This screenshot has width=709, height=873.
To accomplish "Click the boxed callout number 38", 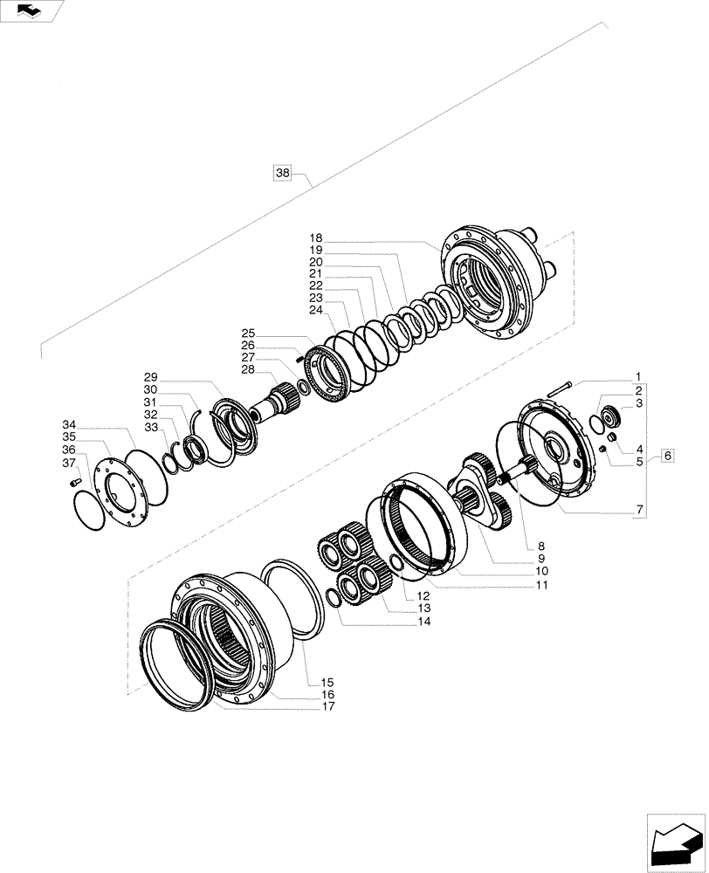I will (x=282, y=173).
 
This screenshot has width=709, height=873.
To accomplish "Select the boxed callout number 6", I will (x=667, y=455).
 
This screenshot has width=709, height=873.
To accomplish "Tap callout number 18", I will (x=315, y=238).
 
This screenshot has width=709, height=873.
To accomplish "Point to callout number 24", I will (x=315, y=310).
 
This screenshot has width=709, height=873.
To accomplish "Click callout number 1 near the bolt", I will (x=638, y=377).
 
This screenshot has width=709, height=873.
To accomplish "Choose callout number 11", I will (x=541, y=586).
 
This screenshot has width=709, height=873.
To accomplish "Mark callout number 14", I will (x=424, y=622).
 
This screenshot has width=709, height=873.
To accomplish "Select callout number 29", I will (x=151, y=376).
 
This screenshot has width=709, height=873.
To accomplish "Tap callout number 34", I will (x=69, y=423).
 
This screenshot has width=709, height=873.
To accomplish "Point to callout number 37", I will (x=69, y=463).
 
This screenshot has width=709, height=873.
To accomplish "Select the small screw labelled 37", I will (x=75, y=479).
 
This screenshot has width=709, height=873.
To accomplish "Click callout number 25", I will (x=249, y=333).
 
